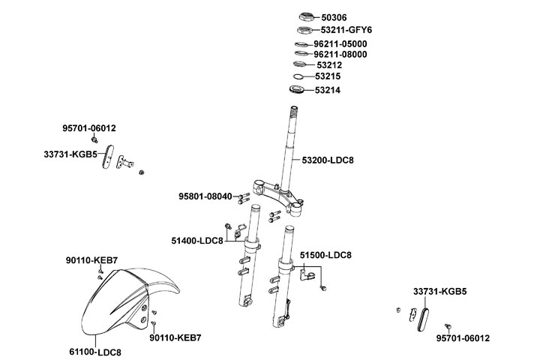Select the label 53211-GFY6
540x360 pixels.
[x=346, y=30]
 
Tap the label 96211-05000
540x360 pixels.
[x=340, y=44]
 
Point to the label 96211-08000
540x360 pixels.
[x=340, y=55]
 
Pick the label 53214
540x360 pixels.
[x=328, y=90]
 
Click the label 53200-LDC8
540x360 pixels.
[x=328, y=160]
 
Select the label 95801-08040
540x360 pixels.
[x=205, y=196]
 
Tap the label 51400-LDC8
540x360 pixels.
[x=197, y=241]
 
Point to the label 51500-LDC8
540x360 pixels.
[x=325, y=256]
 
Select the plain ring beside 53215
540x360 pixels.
[x=298, y=77]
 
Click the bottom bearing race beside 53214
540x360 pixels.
[x=299, y=91]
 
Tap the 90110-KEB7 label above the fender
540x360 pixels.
[x=91, y=260]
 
